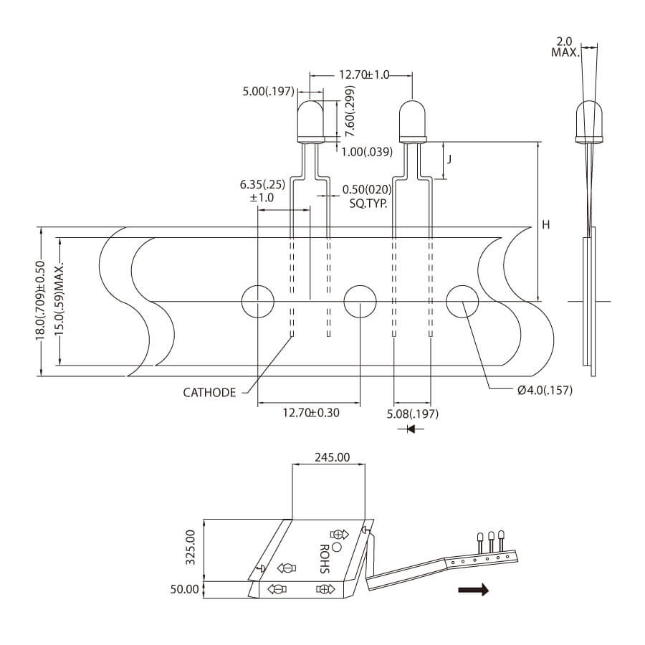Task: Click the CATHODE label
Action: tap(209, 392)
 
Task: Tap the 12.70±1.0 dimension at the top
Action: tap(363, 75)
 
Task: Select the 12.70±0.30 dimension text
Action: tap(311, 413)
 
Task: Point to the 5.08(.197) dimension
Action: tap(412, 414)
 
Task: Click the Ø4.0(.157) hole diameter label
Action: tap(540, 390)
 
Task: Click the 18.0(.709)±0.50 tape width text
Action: tap(42, 301)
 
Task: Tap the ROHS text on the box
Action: tap(322, 558)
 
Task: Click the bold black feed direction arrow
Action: tap(474, 590)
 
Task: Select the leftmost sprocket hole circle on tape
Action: tap(257, 301)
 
